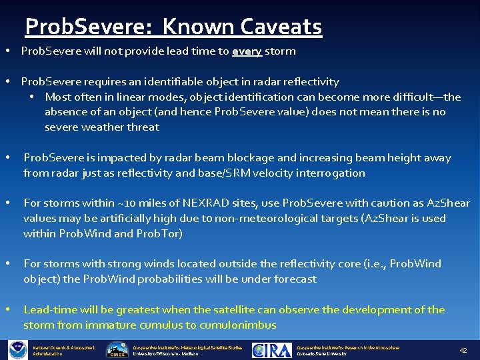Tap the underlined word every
click(247, 51)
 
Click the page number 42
click(463, 350)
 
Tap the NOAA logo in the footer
click(17, 349)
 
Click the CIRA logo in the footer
click(272, 350)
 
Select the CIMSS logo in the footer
click(117, 350)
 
